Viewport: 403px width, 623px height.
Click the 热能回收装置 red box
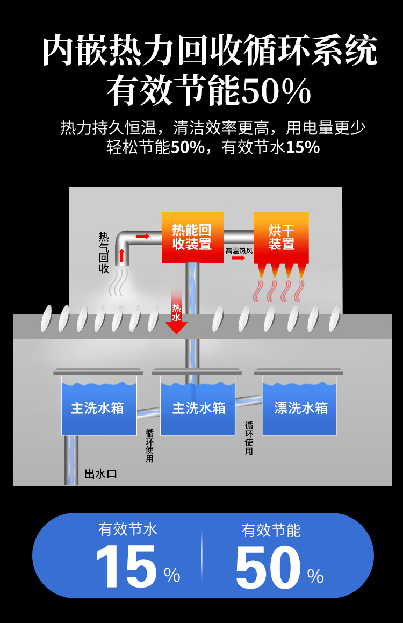click(x=192, y=237)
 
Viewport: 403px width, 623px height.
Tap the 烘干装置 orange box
click(x=282, y=237)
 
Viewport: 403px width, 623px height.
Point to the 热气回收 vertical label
click(x=104, y=253)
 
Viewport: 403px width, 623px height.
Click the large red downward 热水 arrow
click(x=176, y=317)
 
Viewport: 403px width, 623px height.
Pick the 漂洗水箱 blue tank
click(x=300, y=406)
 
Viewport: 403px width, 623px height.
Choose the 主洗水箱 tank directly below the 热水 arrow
click(x=198, y=406)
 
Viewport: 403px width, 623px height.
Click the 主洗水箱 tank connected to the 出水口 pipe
click(x=99, y=406)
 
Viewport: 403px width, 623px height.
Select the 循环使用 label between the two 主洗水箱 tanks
click(x=149, y=446)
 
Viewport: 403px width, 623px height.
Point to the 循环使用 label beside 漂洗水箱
click(x=249, y=438)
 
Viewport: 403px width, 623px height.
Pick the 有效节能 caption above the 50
click(x=271, y=530)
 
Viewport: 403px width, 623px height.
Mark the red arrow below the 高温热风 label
click(x=238, y=258)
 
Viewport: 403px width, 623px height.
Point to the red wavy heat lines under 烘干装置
click(x=279, y=291)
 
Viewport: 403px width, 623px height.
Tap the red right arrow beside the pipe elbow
click(x=142, y=236)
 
